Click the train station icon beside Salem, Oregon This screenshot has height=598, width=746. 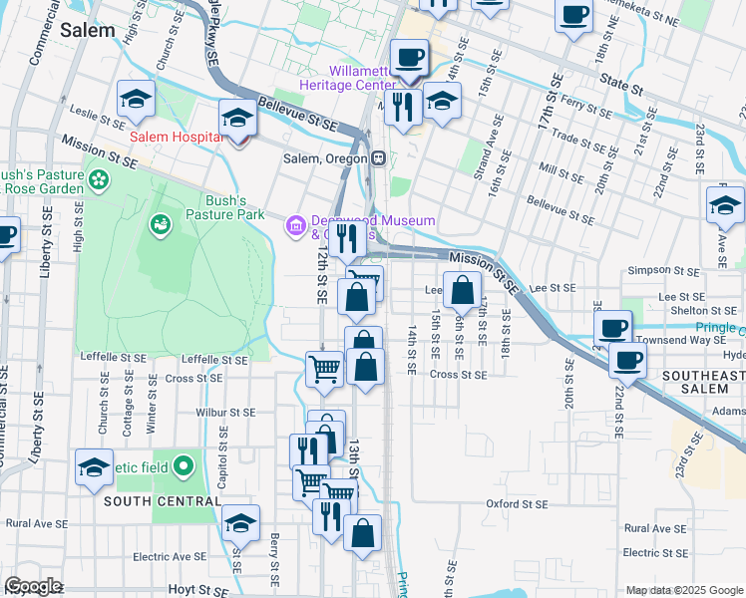[x=379, y=158]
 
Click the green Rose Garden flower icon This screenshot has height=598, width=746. [x=99, y=179]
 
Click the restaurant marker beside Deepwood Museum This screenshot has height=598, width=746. [x=346, y=237]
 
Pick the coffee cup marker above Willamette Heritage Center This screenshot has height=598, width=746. [x=408, y=57]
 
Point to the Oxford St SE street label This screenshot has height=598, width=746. [x=516, y=504]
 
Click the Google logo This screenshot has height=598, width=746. [x=33, y=586]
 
